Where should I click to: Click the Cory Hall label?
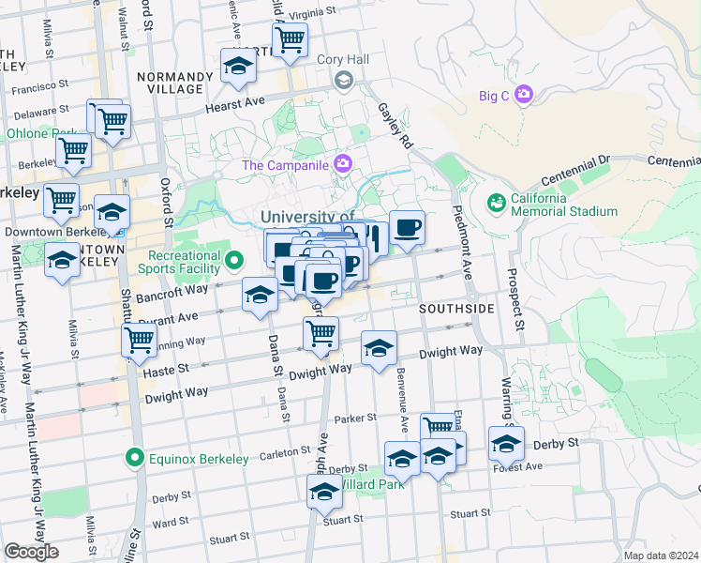point(343,59)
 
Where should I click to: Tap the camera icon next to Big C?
point(523,94)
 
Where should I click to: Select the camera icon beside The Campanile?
point(343,164)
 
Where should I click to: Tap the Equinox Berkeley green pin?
point(135,459)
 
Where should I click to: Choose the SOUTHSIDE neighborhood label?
point(456,309)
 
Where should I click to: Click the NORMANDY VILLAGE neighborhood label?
point(170,83)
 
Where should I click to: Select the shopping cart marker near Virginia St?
point(290,39)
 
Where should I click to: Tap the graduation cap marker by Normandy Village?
point(238,67)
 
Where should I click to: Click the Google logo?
point(31,552)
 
